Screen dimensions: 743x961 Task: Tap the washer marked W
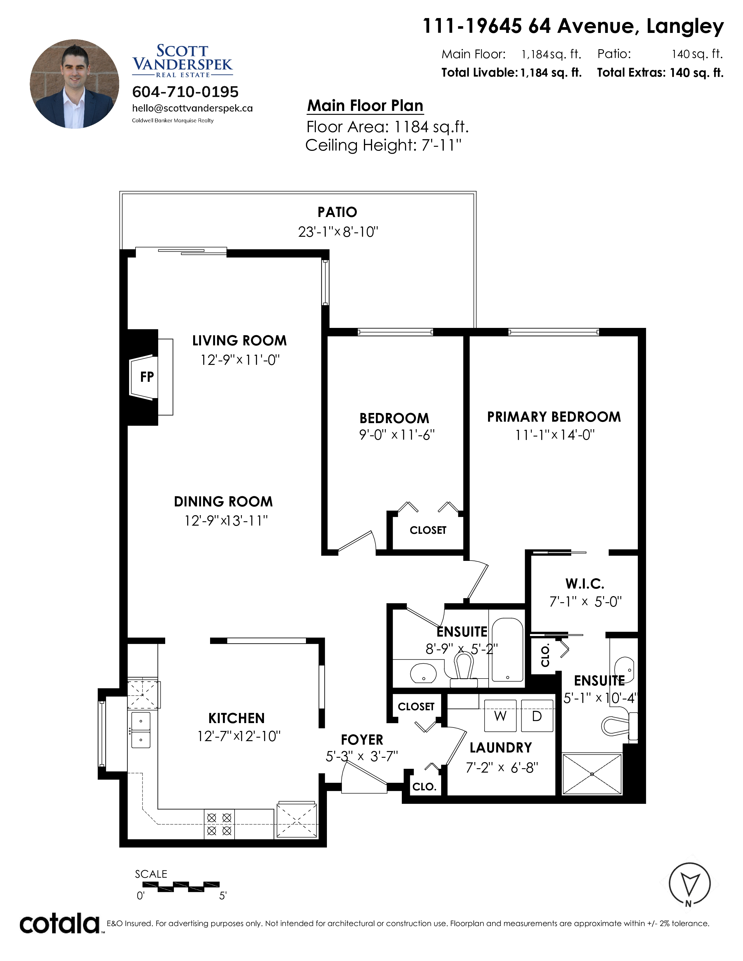(500, 716)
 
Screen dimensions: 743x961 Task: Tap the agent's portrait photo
(74, 84)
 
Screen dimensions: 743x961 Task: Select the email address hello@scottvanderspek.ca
(192, 108)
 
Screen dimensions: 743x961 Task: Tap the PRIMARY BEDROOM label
(554, 417)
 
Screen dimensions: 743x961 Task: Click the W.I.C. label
(584, 584)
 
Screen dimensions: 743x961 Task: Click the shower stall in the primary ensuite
(592, 774)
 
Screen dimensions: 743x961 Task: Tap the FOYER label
(362, 740)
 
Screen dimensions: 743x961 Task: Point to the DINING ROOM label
(223, 502)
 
